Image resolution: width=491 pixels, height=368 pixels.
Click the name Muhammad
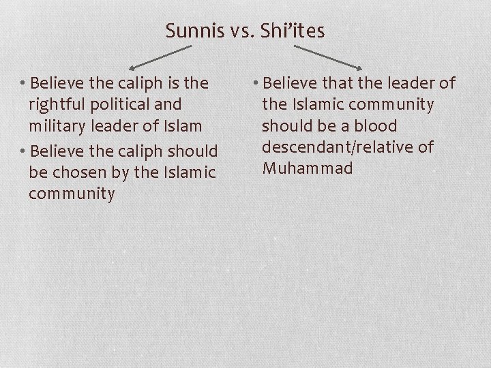click(308, 168)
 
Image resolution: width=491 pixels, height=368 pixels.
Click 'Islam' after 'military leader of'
click(182, 126)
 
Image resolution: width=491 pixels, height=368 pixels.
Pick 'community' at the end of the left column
click(72, 194)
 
